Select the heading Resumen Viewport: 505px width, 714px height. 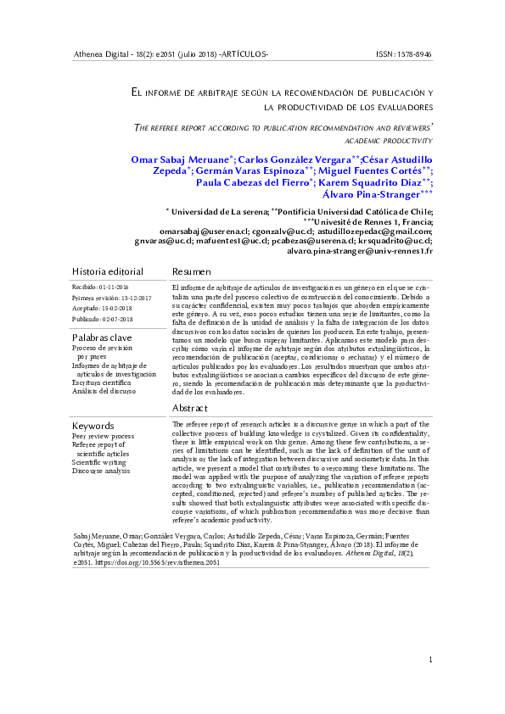pos(191,271)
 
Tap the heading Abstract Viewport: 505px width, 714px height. pos(190,408)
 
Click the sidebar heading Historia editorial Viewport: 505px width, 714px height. pos(108,271)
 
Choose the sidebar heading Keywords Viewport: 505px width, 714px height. pos(93,425)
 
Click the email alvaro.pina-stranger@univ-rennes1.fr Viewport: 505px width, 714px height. pos(361,251)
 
